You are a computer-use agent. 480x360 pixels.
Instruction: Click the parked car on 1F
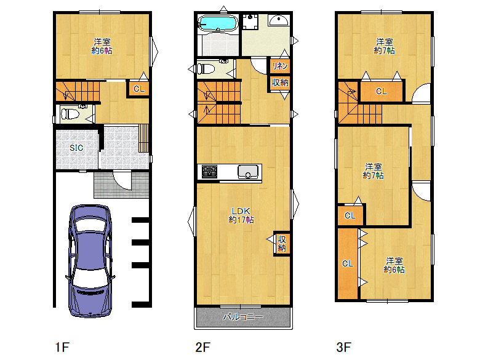coord(90,261)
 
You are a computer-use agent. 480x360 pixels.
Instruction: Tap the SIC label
coord(76,148)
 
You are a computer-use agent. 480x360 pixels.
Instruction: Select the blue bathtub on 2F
coord(218,23)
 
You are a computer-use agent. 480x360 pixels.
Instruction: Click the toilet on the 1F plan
coord(70,114)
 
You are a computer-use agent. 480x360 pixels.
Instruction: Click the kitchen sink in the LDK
coord(248,172)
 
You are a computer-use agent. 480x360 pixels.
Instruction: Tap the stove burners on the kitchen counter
coord(209,172)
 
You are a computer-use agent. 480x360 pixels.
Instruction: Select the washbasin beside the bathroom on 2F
coord(278,20)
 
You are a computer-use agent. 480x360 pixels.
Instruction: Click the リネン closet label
coord(280,66)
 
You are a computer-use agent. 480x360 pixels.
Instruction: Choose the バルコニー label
coord(242,317)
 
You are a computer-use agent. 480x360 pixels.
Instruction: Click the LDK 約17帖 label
coord(241,215)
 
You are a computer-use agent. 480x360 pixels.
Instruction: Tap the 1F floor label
coord(62,347)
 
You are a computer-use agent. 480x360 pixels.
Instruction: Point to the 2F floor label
coord(202,347)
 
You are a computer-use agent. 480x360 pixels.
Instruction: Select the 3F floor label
coord(343,347)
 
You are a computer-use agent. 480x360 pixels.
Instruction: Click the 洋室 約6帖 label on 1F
coord(102,46)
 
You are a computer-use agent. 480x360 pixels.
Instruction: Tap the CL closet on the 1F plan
coord(138,89)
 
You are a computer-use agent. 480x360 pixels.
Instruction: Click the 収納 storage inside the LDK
coord(282,243)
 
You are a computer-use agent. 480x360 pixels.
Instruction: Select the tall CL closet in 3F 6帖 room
coord(348,263)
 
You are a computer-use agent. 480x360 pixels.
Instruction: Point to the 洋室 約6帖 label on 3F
coord(394,265)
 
